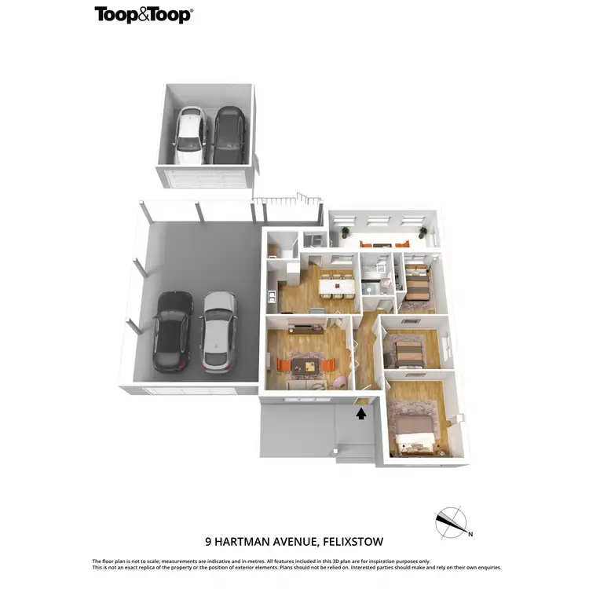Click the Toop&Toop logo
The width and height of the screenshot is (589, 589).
coord(143,14)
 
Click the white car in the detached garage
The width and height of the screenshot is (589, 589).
coord(189,135)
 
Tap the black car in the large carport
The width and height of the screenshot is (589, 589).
coord(172,331)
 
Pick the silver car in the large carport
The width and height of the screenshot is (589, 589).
coord(218,331)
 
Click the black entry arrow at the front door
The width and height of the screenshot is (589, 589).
coord(361,412)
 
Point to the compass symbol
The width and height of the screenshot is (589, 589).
coord(450,521)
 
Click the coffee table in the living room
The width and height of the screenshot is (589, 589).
coord(306,364)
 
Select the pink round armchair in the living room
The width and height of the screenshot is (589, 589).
coord(340,381)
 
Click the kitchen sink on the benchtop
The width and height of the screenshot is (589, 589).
coord(271,298)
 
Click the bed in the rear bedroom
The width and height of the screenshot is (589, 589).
coord(417,287)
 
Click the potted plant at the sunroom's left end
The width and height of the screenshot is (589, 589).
coord(343,231)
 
